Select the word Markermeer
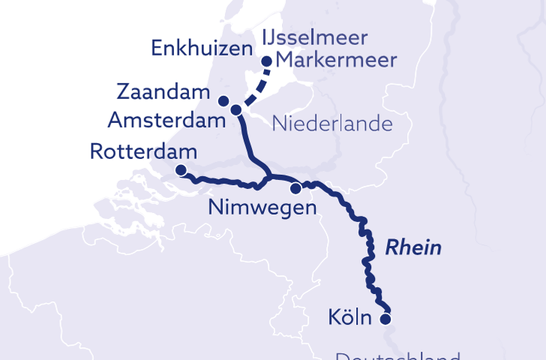pyautogui.click(x=336, y=61)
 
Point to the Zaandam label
pyautogui.click(x=162, y=93)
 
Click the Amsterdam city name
pyautogui.click(x=166, y=119)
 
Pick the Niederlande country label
pyautogui.click(x=332, y=123)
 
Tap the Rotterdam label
pyautogui.click(x=142, y=151)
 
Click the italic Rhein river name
pyautogui.click(x=413, y=248)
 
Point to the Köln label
pyautogui.click(x=350, y=318)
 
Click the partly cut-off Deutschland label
pyautogui.click(x=397, y=355)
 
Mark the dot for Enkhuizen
pyautogui.click(x=266, y=61)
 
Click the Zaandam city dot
pyautogui.click(x=223, y=101)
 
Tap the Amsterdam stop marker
pyautogui.click(x=236, y=110)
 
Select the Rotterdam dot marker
pyautogui.click(x=181, y=170)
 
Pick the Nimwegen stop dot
pyautogui.click(x=296, y=187)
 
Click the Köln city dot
pyautogui.click(x=386, y=319)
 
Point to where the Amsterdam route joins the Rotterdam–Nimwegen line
pyautogui.click(x=268, y=177)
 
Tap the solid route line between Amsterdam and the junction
pyautogui.click(x=244, y=139)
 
